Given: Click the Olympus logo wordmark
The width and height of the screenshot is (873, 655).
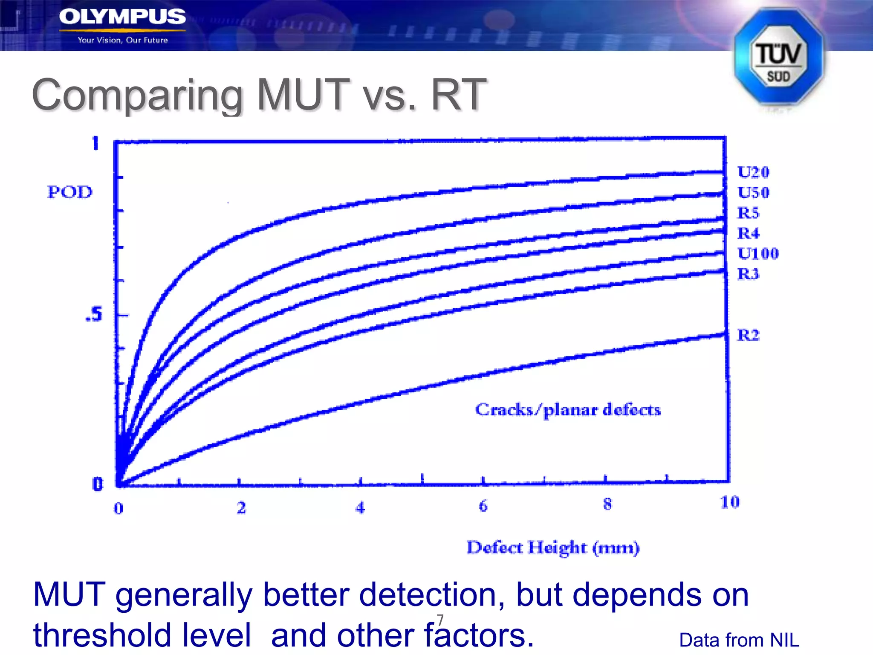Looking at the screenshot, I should (x=122, y=17).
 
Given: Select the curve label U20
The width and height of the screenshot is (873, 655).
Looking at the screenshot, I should (x=753, y=172).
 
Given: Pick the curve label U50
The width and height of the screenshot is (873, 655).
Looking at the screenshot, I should (x=753, y=192).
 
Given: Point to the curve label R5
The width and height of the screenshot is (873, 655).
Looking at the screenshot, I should (x=748, y=213).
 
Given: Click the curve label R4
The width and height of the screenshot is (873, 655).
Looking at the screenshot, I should (x=748, y=233).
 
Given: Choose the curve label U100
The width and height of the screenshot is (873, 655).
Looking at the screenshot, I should (x=758, y=253).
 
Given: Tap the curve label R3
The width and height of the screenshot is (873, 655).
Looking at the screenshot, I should (x=748, y=274).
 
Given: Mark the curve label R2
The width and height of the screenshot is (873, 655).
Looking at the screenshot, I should (x=748, y=335).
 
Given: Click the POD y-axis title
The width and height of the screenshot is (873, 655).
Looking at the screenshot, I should (x=69, y=192).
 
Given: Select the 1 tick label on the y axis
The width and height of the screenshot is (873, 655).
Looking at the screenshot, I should (x=95, y=143).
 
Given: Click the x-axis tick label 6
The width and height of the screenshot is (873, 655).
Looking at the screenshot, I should (x=483, y=506).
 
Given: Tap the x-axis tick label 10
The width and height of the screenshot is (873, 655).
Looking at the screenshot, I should (x=730, y=502).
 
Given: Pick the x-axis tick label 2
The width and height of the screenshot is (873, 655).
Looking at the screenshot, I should (x=241, y=507).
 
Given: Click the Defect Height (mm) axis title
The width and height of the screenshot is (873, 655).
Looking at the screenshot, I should (x=553, y=548).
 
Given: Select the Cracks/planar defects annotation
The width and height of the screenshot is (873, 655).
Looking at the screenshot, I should (x=568, y=410).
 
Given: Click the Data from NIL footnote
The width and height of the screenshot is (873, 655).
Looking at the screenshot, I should (x=739, y=640).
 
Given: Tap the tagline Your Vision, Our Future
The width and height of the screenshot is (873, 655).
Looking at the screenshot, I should (x=123, y=41).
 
